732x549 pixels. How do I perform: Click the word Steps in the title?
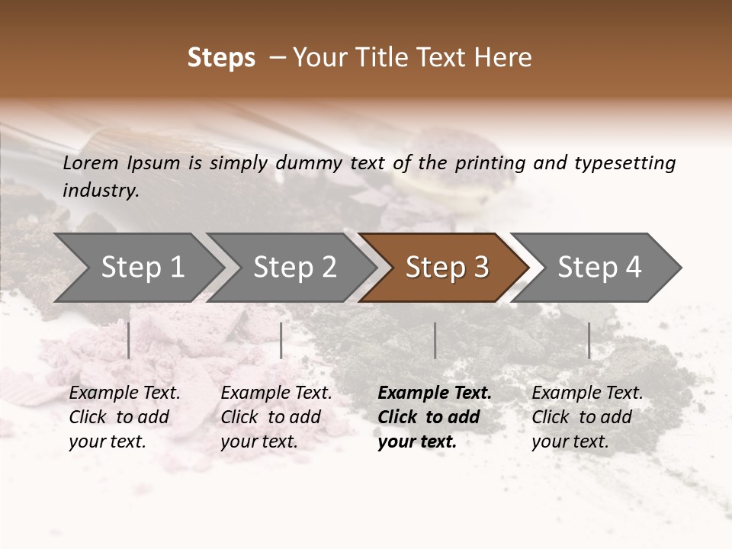pyautogui.click(x=221, y=58)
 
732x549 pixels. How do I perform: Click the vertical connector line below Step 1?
pyautogui.click(x=129, y=340)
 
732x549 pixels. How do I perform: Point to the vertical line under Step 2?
pyautogui.click(x=281, y=340)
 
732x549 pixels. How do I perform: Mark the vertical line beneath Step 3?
pyautogui.click(x=435, y=340)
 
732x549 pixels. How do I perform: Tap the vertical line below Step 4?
pyautogui.click(x=589, y=340)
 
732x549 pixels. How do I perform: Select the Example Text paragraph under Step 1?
pyautogui.click(x=124, y=417)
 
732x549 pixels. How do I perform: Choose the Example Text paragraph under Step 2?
pyautogui.click(x=276, y=417)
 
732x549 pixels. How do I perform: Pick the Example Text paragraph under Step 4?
pyautogui.click(x=587, y=417)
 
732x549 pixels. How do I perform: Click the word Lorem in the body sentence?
pyautogui.click(x=91, y=163)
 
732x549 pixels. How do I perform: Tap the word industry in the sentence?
pyautogui.click(x=100, y=191)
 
